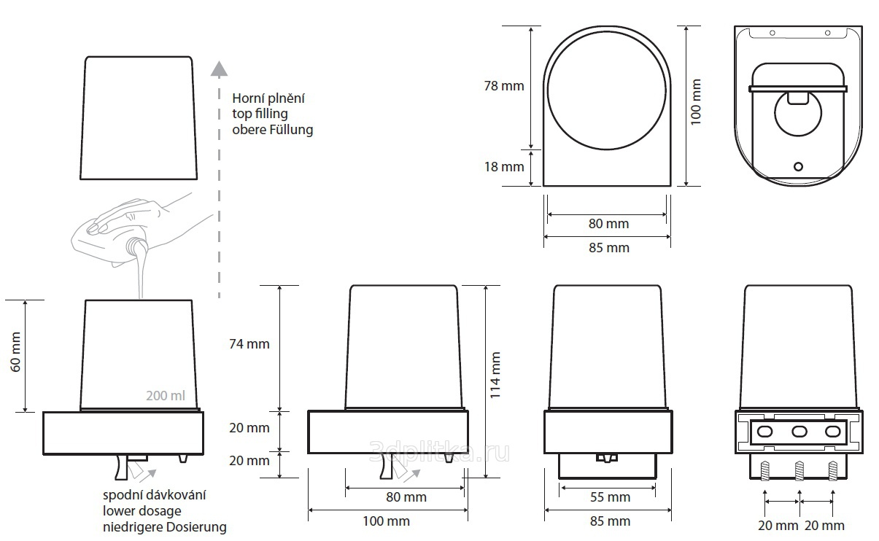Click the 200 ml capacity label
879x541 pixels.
pyautogui.click(x=166, y=395)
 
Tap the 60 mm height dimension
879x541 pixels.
pyautogui.click(x=15, y=352)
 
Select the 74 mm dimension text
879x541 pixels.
pyautogui.click(x=249, y=344)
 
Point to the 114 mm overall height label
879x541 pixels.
pyautogui.click(x=495, y=375)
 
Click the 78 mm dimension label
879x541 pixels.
pyautogui.click(x=504, y=86)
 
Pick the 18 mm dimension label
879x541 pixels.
pyautogui.click(x=504, y=167)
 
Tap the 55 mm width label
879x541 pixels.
pyautogui.click(x=611, y=497)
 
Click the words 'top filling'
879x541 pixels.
pyautogui.click(x=260, y=114)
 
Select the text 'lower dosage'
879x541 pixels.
pyautogui.click(x=142, y=511)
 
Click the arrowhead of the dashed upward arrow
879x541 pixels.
pyautogui.click(x=219, y=69)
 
